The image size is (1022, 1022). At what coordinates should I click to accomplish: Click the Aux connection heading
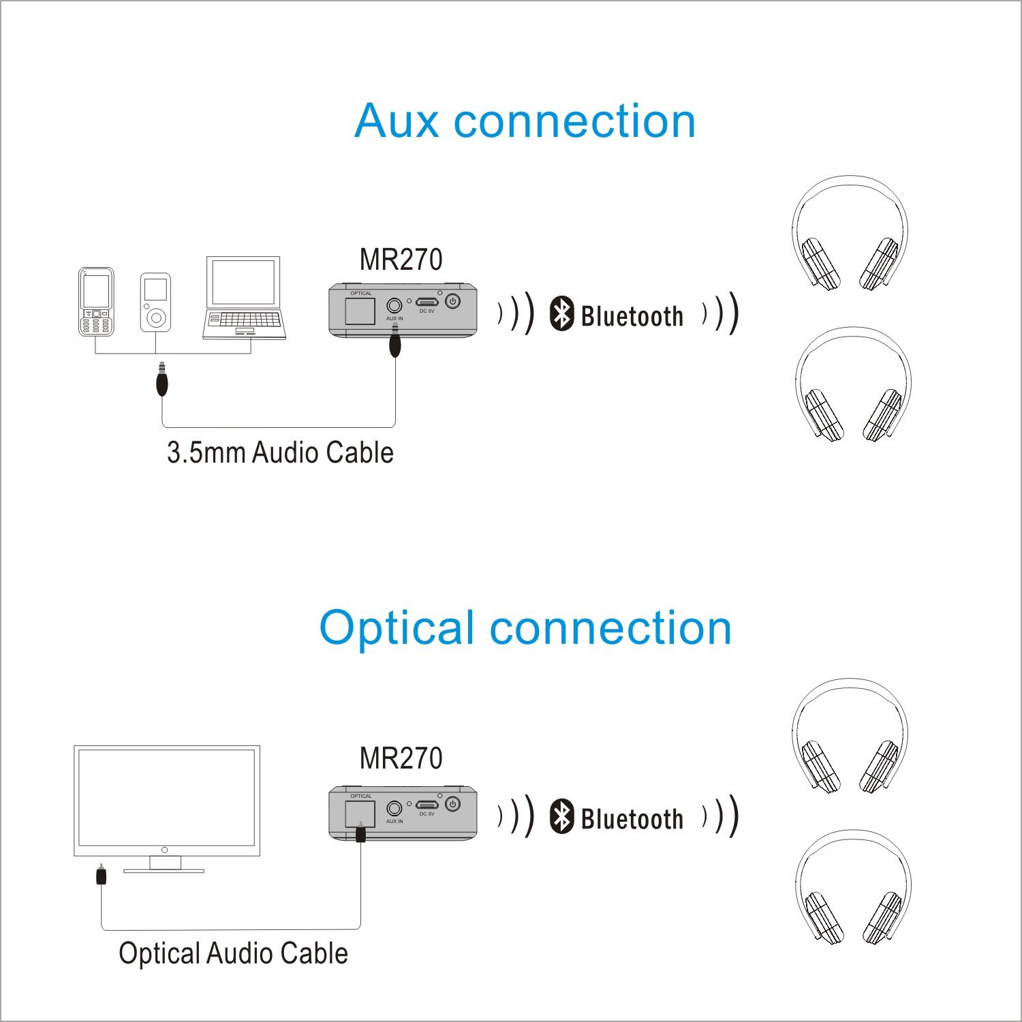pyautogui.click(x=525, y=121)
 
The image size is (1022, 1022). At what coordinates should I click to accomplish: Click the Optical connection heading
pyautogui.click(x=525, y=628)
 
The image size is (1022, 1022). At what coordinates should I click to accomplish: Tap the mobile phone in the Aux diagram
pyautogui.click(x=96, y=301)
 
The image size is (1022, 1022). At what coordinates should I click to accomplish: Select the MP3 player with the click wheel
pyautogui.click(x=155, y=303)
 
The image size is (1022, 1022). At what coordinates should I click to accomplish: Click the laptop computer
pyautogui.click(x=245, y=298)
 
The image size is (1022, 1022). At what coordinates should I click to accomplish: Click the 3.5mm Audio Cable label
pyautogui.click(x=280, y=453)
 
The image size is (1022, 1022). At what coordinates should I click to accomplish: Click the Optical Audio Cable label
pyautogui.click(x=233, y=953)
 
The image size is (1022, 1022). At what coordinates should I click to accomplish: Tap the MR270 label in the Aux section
pyautogui.click(x=401, y=260)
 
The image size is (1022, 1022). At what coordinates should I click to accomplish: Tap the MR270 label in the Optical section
pyautogui.click(x=401, y=758)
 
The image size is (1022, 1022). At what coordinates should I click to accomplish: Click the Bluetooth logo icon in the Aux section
pyautogui.click(x=561, y=314)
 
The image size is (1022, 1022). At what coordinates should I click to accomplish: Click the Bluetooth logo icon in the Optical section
pyautogui.click(x=561, y=816)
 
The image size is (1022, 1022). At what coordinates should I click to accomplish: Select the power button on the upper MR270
pyautogui.click(x=452, y=300)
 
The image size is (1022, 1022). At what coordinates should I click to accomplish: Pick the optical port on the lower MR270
pyautogui.click(x=360, y=813)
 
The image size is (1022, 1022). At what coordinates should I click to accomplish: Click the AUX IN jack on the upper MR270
pyautogui.click(x=394, y=305)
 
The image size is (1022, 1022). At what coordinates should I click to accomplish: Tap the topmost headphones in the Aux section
pyautogui.click(x=850, y=233)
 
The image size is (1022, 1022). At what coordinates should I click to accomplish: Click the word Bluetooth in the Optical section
pyautogui.click(x=632, y=819)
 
